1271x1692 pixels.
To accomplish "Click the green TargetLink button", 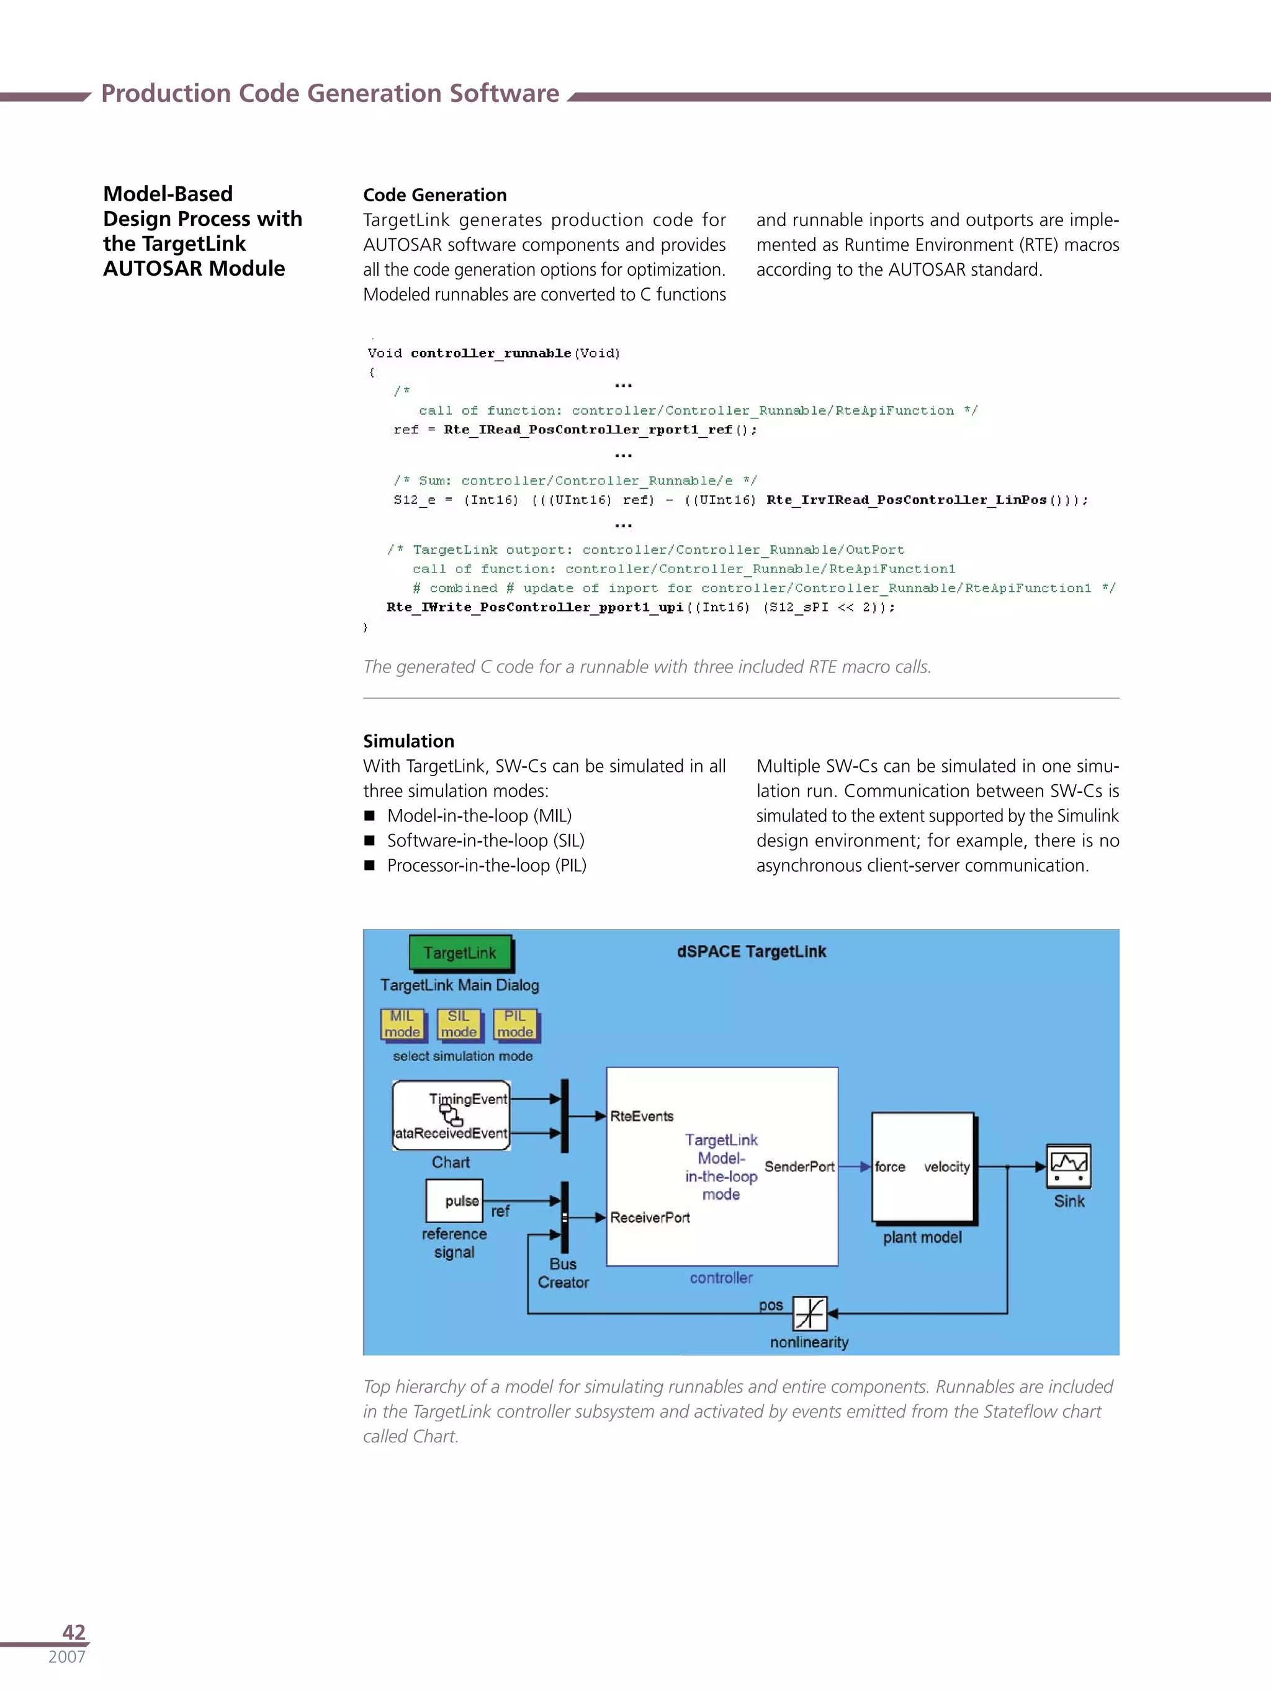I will click(460, 953).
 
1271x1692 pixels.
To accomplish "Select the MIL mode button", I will click(402, 1025).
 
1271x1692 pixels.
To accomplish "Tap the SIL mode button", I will click(458, 1025).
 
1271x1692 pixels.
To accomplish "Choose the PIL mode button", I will click(514, 1025).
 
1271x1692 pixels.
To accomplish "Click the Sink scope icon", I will click(1068, 1165).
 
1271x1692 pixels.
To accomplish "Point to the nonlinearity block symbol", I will click(809, 1313).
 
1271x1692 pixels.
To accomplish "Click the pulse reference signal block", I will click(454, 1201).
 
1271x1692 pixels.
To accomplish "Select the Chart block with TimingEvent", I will click(451, 1115).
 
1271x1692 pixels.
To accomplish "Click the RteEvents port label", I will click(642, 1116).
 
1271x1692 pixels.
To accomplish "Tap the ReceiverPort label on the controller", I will click(650, 1218).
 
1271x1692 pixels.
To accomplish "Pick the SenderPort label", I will click(799, 1167).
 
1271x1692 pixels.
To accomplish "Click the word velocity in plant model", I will click(946, 1167).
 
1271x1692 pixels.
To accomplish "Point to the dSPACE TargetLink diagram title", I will click(751, 952).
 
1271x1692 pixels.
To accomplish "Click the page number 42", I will click(73, 1632).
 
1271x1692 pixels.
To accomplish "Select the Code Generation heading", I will click(434, 195).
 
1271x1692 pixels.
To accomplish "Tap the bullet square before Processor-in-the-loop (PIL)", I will click(369, 865).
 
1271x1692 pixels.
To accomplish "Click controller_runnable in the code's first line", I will click(490, 353).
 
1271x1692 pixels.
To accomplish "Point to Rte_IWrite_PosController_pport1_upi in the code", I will click(534, 607).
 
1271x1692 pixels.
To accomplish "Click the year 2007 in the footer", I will click(66, 1657).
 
